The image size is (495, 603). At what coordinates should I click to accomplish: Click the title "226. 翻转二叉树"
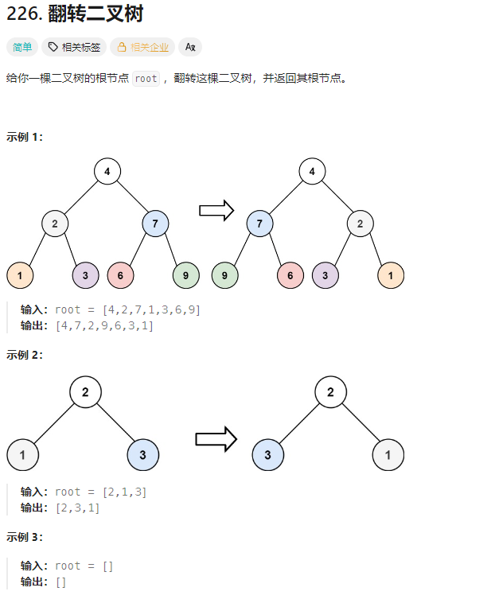(75, 14)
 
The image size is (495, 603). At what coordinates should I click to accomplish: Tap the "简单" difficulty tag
(22, 47)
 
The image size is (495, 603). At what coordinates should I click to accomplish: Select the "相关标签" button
(74, 47)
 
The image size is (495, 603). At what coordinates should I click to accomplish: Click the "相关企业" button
(142, 47)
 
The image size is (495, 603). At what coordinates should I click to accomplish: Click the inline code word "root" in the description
(146, 79)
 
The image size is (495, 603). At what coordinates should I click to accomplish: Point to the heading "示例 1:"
(25, 136)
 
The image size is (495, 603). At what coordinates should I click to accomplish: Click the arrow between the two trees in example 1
(216, 210)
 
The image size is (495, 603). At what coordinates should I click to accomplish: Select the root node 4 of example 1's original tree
(107, 171)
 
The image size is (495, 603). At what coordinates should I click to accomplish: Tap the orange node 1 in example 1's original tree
(20, 275)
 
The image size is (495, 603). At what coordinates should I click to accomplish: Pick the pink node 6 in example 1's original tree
(120, 275)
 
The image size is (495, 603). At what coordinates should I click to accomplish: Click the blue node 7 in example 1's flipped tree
(259, 224)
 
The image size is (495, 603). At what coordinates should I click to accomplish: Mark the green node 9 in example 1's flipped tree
(225, 275)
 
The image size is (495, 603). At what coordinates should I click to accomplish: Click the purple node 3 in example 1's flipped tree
(325, 275)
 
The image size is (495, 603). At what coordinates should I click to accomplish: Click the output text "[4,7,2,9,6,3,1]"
(104, 325)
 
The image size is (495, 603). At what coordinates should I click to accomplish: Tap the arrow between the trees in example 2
(216, 438)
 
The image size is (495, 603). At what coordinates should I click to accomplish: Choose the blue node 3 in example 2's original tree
(142, 455)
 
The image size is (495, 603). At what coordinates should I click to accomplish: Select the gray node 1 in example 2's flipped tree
(388, 455)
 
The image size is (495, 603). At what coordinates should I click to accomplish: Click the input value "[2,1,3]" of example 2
(125, 492)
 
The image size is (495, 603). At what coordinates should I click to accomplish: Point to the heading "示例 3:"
(25, 537)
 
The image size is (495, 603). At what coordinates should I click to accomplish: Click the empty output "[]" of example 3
(60, 582)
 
